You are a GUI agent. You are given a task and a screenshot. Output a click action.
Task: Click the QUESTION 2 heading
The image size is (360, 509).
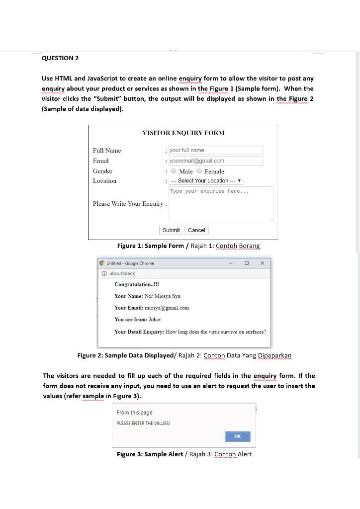(60, 58)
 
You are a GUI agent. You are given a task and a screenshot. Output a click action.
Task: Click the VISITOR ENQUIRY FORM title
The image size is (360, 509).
(183, 133)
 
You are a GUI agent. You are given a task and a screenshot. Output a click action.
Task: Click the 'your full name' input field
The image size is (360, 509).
(215, 150)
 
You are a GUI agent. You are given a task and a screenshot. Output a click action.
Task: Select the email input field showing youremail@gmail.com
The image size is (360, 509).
(215, 161)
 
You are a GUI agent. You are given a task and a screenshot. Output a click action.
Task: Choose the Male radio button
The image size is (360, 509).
(173, 171)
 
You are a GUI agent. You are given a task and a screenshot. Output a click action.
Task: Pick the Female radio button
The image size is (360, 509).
(199, 171)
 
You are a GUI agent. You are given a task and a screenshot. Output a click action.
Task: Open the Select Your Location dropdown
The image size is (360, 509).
(206, 181)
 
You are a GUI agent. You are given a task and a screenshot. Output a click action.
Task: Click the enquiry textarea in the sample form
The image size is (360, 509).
(221, 204)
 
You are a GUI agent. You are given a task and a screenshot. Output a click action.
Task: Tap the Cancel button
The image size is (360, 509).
(196, 230)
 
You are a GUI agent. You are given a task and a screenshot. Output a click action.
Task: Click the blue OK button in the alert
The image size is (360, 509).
(237, 436)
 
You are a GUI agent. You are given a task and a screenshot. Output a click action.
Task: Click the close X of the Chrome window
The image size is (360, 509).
(262, 263)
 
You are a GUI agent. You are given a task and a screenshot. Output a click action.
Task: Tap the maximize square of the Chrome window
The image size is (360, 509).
(247, 263)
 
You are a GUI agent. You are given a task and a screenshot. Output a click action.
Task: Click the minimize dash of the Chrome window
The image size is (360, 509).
(231, 263)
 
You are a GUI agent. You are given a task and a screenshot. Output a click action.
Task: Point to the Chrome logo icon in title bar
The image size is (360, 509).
(102, 263)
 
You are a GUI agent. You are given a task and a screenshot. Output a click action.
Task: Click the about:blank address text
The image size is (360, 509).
(122, 273)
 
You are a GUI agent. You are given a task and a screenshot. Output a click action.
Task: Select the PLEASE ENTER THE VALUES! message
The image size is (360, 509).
(143, 424)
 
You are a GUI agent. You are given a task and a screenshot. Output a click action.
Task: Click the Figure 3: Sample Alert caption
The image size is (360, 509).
(184, 454)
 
